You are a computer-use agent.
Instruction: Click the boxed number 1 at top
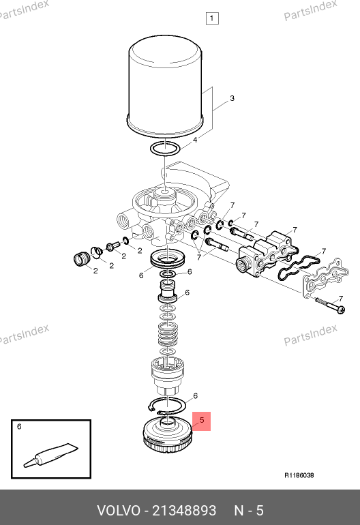coord(212,18)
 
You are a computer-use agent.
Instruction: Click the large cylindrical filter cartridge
coord(166,87)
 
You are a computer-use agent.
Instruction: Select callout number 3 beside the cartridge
coord(232,98)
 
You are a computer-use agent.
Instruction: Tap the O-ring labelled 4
coord(165,149)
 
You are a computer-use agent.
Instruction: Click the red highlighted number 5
coord(201,421)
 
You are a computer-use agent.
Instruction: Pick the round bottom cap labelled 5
coord(168,434)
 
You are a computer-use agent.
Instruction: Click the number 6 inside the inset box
coord(19,427)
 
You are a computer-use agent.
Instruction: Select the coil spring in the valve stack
coord(168,334)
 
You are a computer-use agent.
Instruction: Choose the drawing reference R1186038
coord(299,475)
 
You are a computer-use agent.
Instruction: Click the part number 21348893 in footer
coord(184,511)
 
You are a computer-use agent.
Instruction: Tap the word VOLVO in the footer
coord(118,511)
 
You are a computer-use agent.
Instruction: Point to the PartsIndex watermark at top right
coord(310,11)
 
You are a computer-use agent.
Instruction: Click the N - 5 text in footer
coord(249,511)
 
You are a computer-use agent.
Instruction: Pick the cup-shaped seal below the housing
coord(168,260)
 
